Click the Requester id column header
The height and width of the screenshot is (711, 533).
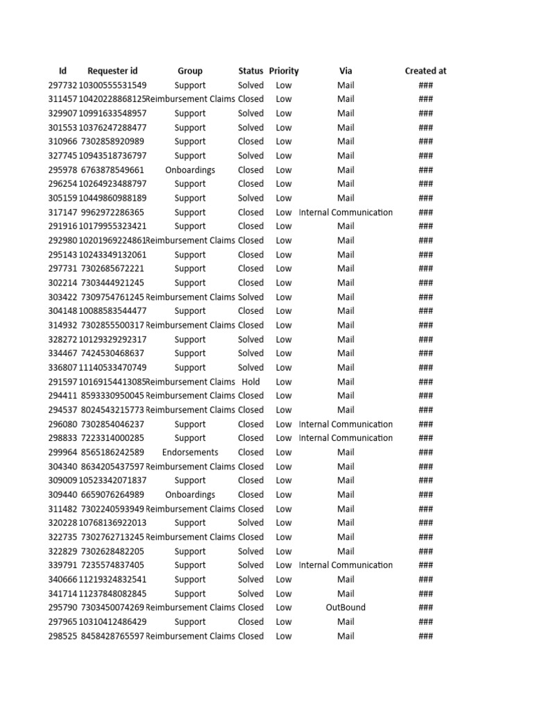coord(112,71)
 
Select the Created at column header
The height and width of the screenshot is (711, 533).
coord(425,71)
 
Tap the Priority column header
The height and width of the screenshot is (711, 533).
coord(284,71)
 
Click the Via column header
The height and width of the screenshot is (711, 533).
coord(346,71)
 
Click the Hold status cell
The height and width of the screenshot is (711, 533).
coord(251,382)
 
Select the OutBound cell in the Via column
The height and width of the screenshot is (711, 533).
coord(346,608)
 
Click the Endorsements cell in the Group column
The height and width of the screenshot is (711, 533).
coord(190,452)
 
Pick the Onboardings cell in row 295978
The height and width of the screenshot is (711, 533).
coord(190,170)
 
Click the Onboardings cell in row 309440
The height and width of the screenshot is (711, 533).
coord(190,494)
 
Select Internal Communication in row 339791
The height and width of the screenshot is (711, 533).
coord(346,565)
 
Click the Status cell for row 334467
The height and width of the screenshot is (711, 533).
coord(251,353)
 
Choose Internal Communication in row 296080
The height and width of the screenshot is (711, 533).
coord(346,424)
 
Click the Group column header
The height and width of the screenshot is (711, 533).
coord(190,71)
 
